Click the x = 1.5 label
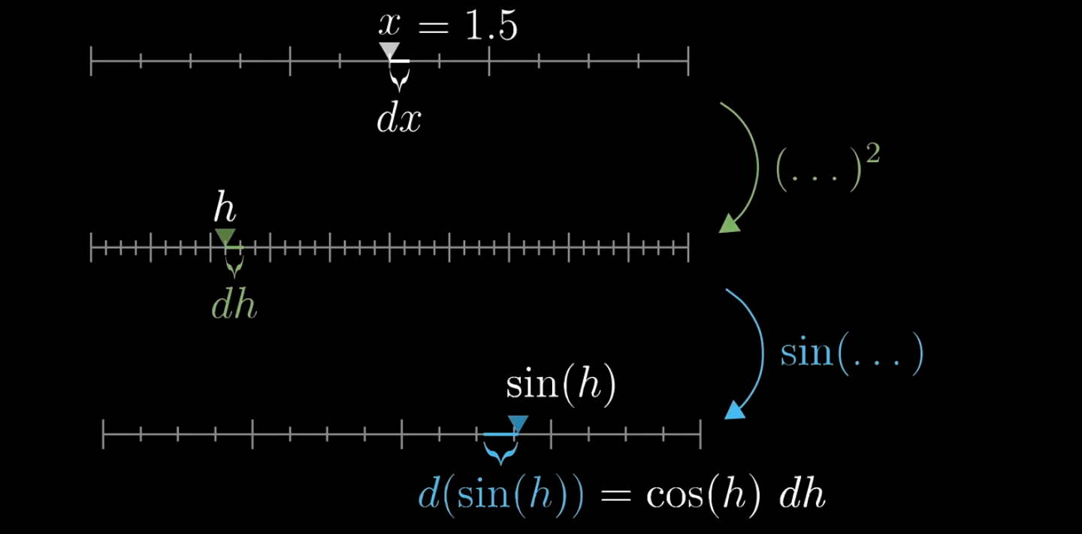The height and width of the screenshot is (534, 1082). (448, 26)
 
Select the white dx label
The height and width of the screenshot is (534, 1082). (399, 119)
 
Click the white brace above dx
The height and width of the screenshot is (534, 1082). (400, 77)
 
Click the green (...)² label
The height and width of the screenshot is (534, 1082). (827, 166)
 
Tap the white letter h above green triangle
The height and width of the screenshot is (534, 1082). (225, 207)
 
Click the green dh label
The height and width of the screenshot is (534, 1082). (234, 306)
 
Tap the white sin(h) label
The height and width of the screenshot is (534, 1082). (561, 385)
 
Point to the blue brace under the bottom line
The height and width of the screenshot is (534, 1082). (500, 451)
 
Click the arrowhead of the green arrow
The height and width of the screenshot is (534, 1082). (729, 224)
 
